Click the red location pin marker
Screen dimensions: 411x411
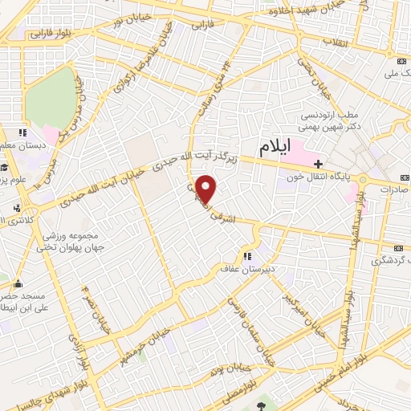(x=207, y=189)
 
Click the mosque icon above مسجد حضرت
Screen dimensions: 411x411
(x=18, y=283)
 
